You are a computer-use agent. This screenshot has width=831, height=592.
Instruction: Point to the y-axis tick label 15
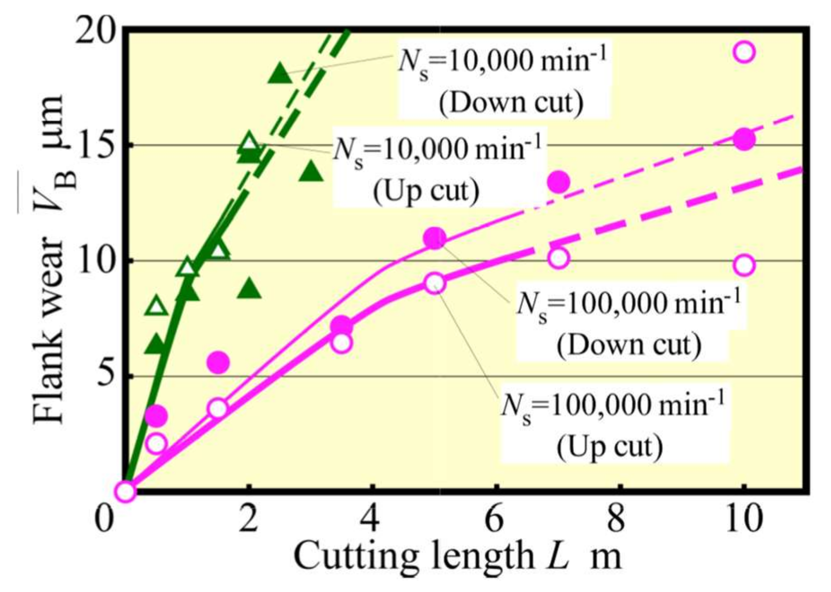coord(96,145)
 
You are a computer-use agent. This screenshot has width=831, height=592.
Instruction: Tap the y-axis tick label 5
coord(106,377)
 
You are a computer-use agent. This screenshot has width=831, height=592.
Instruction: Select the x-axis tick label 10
coord(743,519)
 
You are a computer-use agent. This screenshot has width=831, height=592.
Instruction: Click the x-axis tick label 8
coord(619,519)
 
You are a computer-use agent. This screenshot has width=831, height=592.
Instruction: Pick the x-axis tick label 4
coord(371,519)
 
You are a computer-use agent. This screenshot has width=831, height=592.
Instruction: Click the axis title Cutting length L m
coord(457,556)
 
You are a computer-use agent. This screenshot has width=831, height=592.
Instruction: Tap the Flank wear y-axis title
coord(48,260)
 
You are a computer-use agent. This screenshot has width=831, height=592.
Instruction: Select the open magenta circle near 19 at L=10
coord(744,52)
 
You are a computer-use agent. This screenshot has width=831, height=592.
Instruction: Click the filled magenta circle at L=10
coord(744,140)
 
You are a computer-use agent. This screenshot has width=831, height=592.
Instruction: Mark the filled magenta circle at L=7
coord(558,182)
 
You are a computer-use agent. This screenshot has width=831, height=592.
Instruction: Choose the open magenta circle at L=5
coord(435,284)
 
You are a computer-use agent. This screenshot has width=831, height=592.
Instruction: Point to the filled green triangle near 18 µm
coord(280,75)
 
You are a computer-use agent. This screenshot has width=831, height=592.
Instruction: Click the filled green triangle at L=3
coord(311,172)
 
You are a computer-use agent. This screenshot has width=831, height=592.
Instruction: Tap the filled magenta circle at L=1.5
coord(218,363)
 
